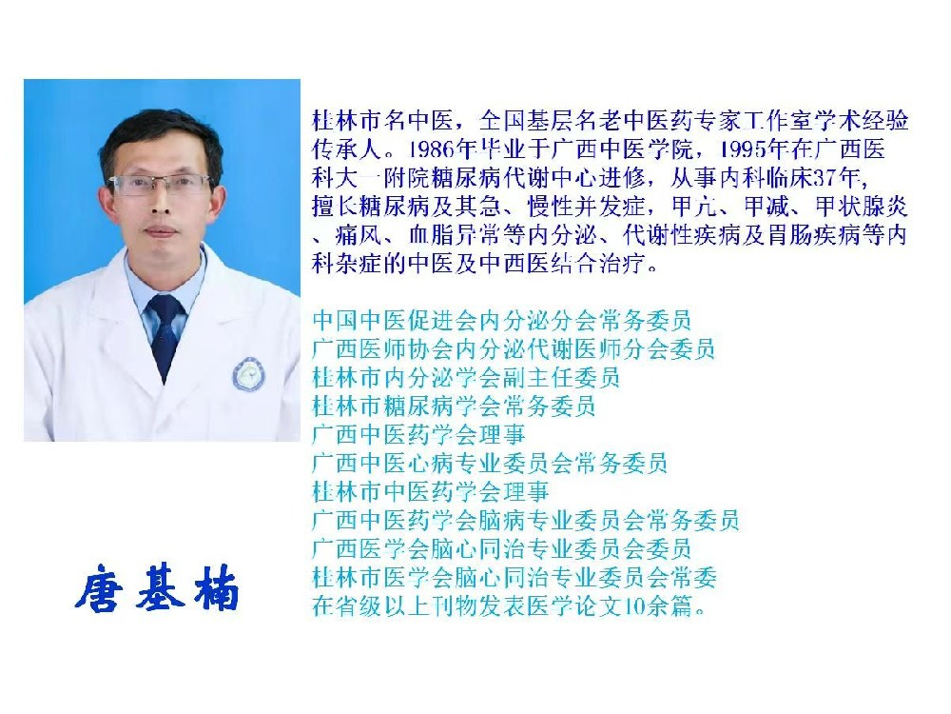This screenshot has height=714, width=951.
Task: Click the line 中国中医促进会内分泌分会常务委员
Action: (x=501, y=320)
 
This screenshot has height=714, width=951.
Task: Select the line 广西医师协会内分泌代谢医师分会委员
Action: (x=514, y=348)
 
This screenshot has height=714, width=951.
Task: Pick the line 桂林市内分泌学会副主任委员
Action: (x=466, y=377)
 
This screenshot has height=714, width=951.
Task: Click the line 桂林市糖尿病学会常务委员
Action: (x=454, y=406)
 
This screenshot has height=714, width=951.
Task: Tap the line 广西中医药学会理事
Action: (x=418, y=434)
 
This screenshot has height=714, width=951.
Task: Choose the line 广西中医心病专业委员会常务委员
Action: (x=490, y=464)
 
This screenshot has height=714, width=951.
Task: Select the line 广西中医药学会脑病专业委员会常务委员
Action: (x=525, y=521)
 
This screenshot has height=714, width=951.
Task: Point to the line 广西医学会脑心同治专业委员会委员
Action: (x=501, y=549)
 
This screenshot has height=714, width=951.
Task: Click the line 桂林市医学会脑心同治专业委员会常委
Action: (x=514, y=578)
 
